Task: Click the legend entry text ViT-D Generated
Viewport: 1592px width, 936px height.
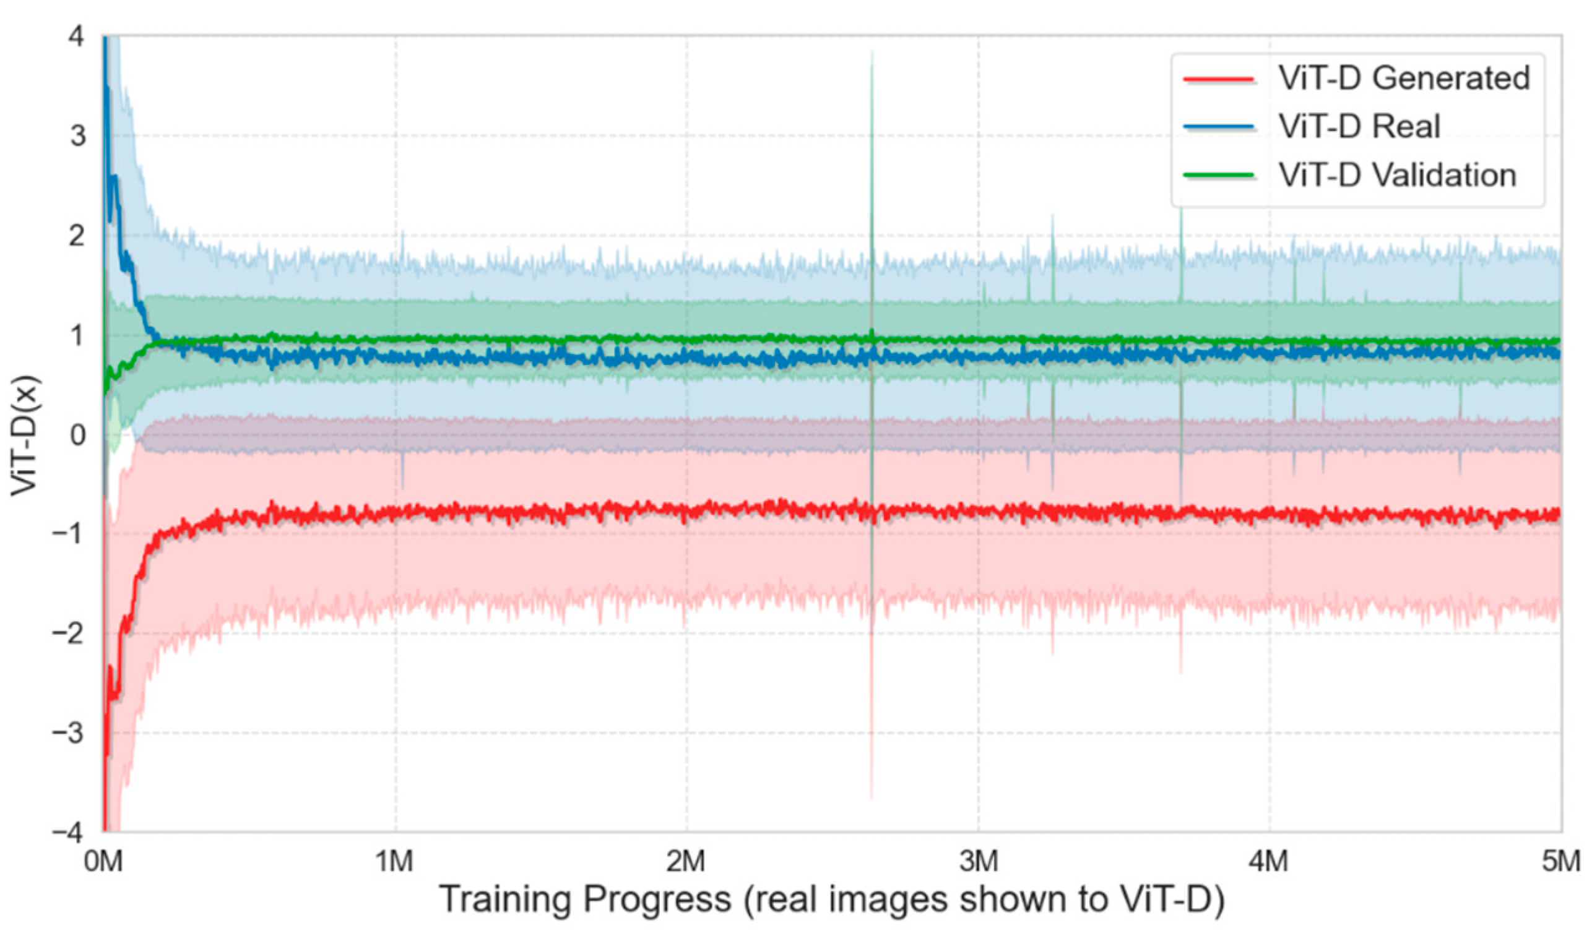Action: click(1403, 79)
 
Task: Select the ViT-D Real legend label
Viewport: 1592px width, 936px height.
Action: click(1359, 126)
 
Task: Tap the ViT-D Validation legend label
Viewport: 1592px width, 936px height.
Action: click(1397, 175)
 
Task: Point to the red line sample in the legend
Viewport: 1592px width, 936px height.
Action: click(1218, 79)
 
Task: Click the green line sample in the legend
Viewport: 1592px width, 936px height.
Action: click(1218, 176)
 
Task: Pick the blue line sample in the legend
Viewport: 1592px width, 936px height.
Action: click(1218, 127)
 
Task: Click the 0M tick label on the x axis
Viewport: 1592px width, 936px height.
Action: click(103, 862)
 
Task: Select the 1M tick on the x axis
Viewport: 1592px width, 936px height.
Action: click(395, 862)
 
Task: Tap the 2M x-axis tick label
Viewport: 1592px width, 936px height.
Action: click(686, 862)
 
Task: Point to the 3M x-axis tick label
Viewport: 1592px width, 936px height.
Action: click(979, 862)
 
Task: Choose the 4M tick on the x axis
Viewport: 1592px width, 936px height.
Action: click(1270, 862)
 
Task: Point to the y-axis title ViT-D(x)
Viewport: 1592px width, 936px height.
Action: click(25, 436)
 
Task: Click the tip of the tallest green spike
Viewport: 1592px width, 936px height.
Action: click(872, 52)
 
